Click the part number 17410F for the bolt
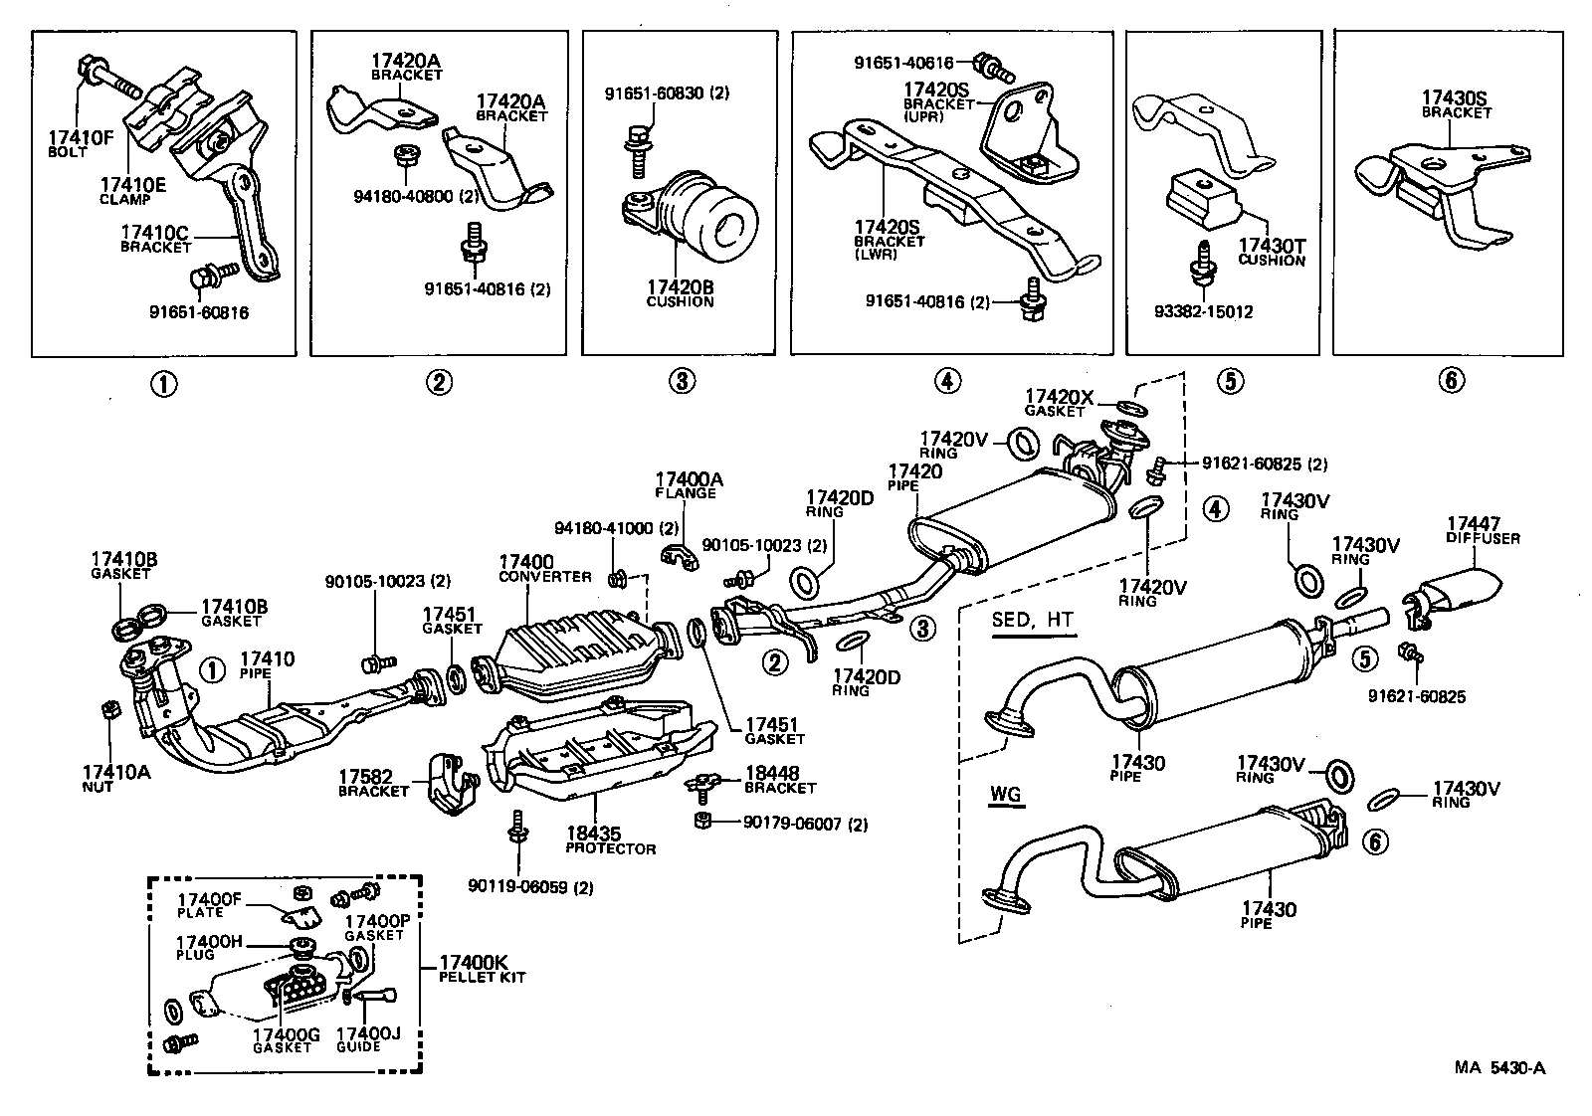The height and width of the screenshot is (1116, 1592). point(81,137)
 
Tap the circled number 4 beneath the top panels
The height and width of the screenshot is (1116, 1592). point(947,381)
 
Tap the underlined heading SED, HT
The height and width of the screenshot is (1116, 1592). point(1032,620)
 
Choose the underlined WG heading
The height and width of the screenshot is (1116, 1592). point(1006,796)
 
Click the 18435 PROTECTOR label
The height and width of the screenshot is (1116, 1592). point(611,841)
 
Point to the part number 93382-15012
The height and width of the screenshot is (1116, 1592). point(1205,312)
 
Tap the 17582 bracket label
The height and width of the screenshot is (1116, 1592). point(373,784)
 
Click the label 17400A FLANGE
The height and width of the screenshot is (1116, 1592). point(689,485)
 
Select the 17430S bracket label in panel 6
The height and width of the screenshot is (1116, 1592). point(1454,103)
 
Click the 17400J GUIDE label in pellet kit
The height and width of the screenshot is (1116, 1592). point(368,1039)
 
